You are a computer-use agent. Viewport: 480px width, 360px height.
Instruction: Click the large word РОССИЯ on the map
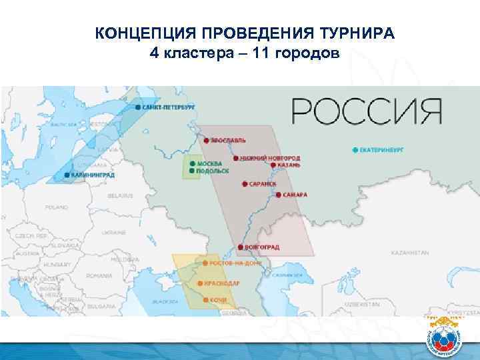coord(367,111)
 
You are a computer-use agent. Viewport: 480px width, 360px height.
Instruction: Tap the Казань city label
coord(288,164)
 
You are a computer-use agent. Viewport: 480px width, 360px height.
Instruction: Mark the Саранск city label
coord(262,182)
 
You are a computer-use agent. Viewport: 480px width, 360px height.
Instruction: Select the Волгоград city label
coord(262,247)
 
